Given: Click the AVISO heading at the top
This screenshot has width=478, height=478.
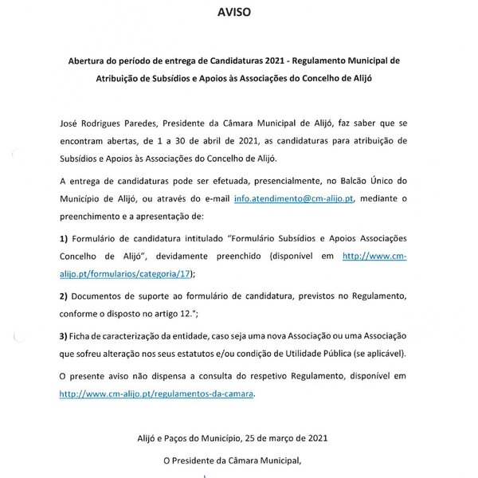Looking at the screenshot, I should [239, 14].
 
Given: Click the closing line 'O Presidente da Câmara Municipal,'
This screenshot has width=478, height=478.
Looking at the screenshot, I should [239, 460].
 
